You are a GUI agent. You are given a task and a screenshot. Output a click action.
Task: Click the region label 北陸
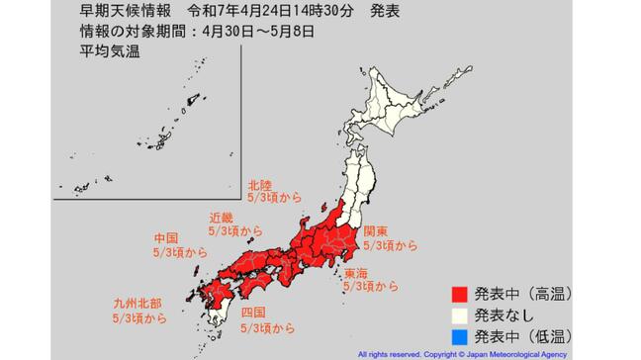[x=259, y=183]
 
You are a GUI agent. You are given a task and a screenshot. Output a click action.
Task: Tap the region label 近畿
[x=222, y=217]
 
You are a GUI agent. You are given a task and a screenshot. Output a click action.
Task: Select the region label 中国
[x=166, y=238]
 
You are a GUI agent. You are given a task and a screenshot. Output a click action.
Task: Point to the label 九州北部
[x=136, y=304]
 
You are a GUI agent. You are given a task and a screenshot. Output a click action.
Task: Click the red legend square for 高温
[x=458, y=295]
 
